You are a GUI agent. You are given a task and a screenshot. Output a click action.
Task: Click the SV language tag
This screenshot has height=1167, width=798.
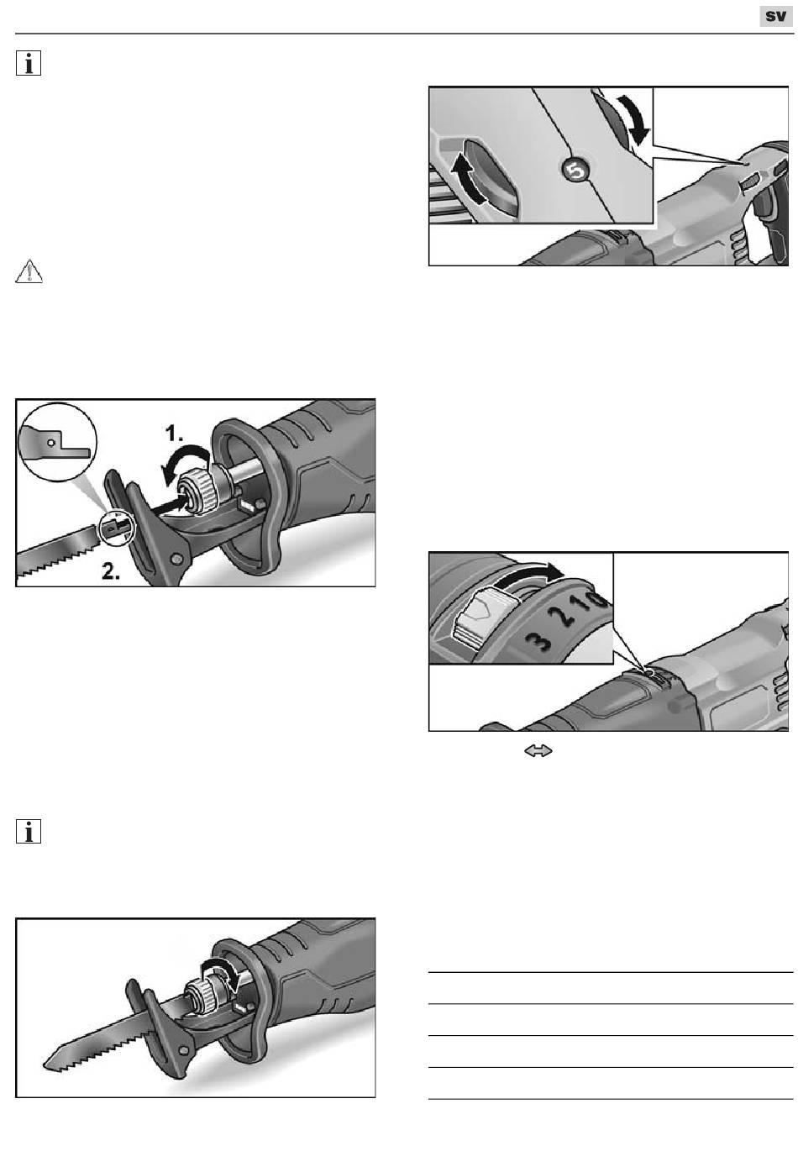point(776,17)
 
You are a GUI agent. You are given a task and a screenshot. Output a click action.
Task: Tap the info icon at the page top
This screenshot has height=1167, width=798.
point(29,65)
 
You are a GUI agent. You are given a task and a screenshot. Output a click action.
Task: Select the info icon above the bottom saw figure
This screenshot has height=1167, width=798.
point(29,832)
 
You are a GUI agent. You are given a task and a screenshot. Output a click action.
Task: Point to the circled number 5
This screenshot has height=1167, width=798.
point(575,171)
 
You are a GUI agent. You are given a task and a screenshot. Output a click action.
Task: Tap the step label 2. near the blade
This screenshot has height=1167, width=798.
point(116,572)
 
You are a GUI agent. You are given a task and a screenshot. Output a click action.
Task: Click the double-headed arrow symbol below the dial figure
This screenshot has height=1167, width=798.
point(538,752)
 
